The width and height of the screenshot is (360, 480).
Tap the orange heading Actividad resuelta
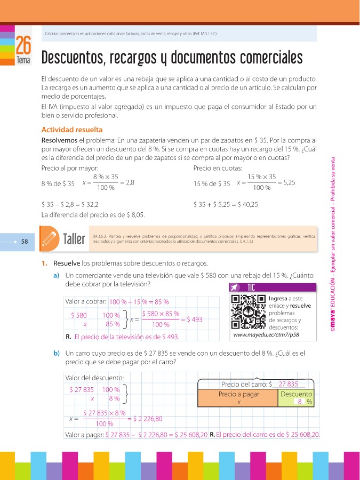coord(72,130)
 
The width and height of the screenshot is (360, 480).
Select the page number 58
coord(25,241)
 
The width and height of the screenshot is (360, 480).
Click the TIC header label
coord(252,287)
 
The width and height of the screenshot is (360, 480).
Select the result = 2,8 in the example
coord(127,182)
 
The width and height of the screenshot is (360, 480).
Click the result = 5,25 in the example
coord(286,182)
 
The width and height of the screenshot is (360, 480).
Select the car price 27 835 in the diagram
coord(288,384)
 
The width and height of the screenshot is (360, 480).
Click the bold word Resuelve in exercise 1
coord(67,263)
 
